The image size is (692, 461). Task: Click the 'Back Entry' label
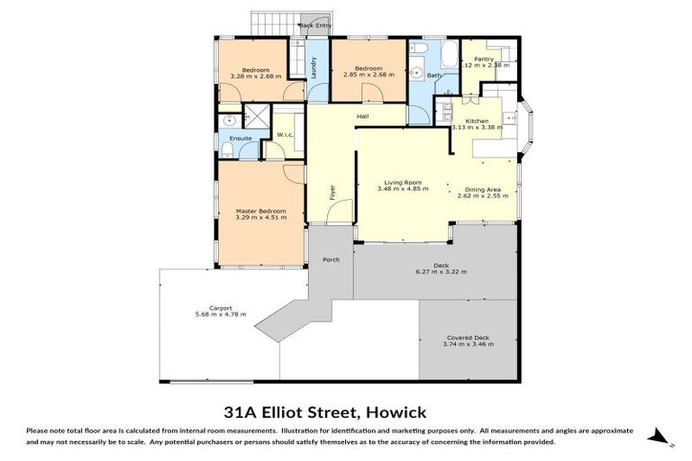point(315,25)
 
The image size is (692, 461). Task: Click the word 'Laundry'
point(314,68)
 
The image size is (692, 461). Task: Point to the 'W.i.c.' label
point(285,136)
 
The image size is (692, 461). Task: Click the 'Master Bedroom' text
point(260,211)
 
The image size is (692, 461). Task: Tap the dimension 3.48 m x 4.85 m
point(401,190)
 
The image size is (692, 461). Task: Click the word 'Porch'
point(330,259)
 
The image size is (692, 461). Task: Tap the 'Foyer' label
point(331,192)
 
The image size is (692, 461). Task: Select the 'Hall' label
point(362,116)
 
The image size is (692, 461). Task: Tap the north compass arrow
point(662,436)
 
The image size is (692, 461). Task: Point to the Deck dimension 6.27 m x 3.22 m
point(441,271)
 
